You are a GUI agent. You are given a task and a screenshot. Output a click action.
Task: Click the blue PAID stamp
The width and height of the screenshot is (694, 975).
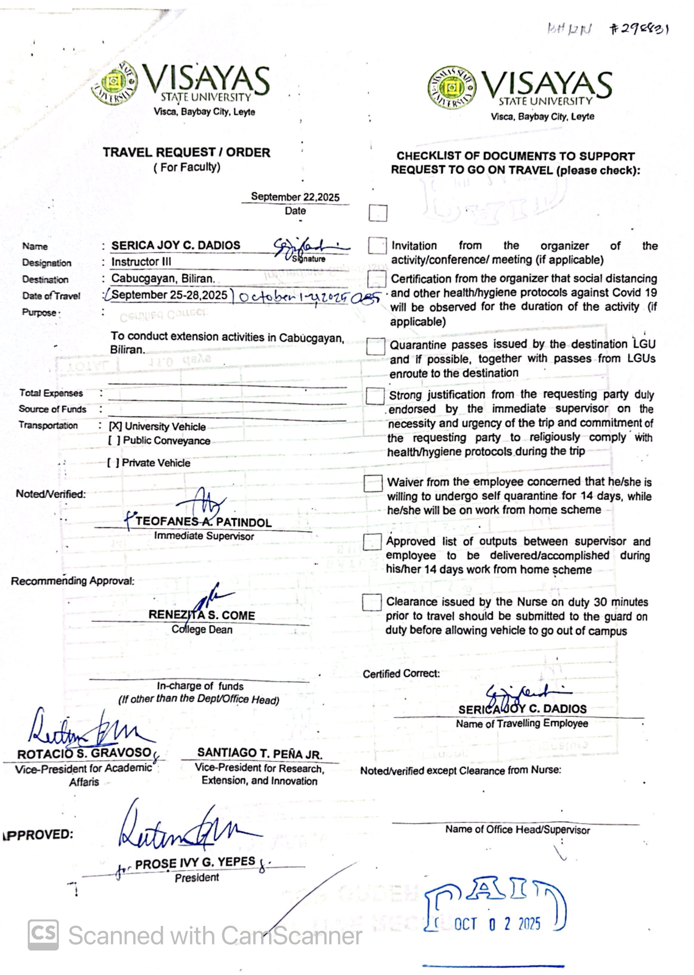coord(496,907)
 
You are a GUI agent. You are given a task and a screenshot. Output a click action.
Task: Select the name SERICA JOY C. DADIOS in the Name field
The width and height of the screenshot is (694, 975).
coord(176,245)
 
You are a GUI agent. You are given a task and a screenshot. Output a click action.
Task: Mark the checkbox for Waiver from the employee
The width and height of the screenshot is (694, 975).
coord(373,483)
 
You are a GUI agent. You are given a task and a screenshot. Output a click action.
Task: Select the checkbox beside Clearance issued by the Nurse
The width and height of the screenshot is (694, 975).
coord(371,602)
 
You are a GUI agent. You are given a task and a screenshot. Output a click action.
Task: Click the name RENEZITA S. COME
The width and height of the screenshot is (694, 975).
coord(201,615)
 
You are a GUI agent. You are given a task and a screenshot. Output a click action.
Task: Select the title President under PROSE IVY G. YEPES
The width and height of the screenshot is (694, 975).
coord(196,878)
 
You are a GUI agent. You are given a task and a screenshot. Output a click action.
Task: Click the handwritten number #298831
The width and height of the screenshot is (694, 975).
coord(638,29)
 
